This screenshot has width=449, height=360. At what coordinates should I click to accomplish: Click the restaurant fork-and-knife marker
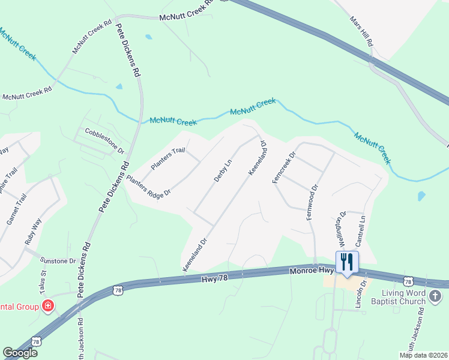346,262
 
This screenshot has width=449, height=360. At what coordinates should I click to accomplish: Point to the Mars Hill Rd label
362,32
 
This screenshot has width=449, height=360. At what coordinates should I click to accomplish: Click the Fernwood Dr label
312,202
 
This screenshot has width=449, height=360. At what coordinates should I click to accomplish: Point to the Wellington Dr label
340,229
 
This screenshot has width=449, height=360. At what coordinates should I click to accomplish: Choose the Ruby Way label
32,229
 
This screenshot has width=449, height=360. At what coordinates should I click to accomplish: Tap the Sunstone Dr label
58,261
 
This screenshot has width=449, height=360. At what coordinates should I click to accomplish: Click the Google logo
20,353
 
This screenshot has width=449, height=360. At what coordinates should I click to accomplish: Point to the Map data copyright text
423,355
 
